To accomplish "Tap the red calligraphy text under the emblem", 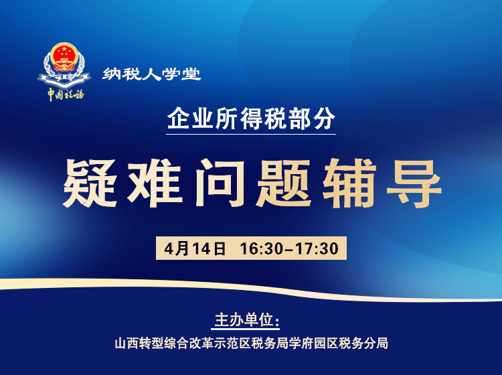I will [x=65, y=94].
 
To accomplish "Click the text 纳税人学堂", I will [x=152, y=74].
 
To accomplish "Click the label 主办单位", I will [x=245, y=319].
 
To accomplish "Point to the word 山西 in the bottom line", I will [x=126, y=344].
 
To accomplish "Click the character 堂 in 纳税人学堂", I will [x=191, y=74].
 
